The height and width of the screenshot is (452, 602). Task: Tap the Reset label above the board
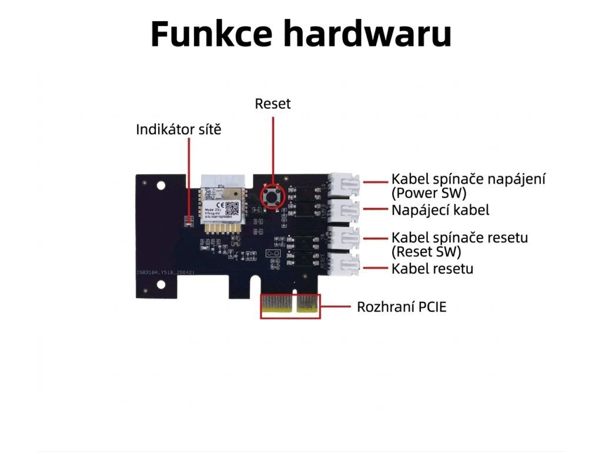[x=273, y=104]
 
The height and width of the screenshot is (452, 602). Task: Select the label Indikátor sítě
[x=179, y=129]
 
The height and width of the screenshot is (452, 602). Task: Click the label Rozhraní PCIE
[x=402, y=307]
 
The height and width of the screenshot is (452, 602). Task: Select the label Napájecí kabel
[x=440, y=210]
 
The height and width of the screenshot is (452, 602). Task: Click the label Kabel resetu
[x=432, y=269]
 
